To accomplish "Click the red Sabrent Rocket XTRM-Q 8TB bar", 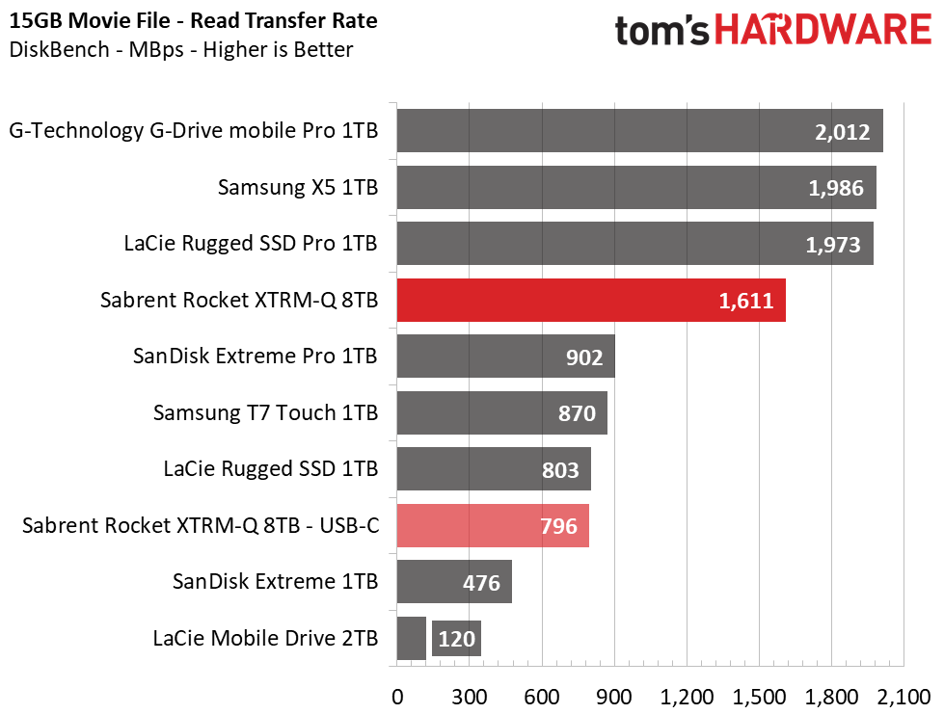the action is point(591,301).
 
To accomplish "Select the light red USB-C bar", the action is point(493,526).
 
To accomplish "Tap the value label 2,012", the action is point(842,132).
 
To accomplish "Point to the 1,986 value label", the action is point(836,188).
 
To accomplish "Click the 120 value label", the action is point(456,639).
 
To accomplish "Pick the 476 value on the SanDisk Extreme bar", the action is point(481,583).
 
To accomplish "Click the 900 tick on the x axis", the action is point(614,698).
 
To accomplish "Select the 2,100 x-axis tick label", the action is point(904,698).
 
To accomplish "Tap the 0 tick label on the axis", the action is point(397,698).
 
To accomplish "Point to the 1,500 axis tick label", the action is point(759,698).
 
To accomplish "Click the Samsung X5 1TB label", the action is point(298,187).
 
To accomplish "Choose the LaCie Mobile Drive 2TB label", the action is point(265,638).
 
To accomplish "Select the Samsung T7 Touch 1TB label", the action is point(265,412).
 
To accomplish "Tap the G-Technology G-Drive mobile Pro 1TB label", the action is point(193,130).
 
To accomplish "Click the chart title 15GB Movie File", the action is point(90,20).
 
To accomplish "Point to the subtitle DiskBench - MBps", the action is point(96,49).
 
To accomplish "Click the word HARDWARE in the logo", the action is point(823,30).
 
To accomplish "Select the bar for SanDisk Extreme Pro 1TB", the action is point(505,357).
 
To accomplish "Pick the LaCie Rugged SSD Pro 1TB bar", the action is point(635,244).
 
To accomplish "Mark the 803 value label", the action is point(560,470).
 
